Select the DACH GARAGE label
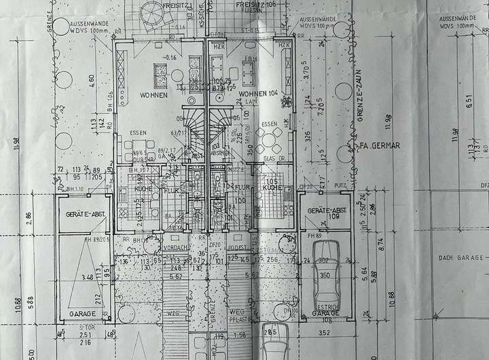pyautogui.click(x=460, y=257)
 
